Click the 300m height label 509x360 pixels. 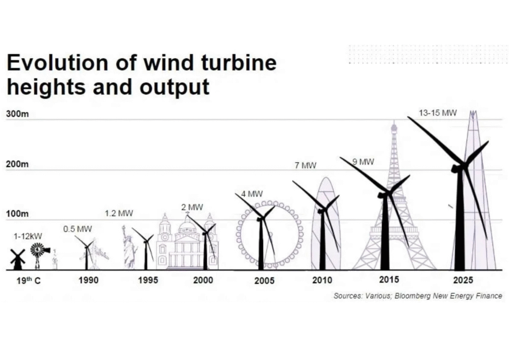[17, 114]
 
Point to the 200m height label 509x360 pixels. [17, 164]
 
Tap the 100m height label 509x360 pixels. [17, 214]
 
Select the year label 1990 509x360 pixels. [88, 280]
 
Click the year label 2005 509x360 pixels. [264, 281]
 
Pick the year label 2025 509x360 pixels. [463, 280]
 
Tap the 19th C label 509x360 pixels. [27, 280]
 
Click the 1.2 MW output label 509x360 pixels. [119, 213]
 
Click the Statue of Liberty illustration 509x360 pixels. [129, 247]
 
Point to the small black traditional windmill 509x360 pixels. [17, 259]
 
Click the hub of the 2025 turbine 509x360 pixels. [462, 166]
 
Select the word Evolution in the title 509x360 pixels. [57, 63]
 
